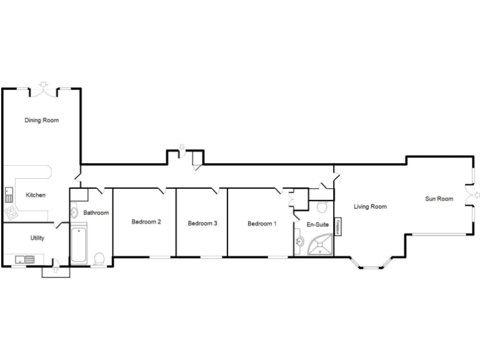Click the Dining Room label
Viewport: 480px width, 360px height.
[42, 120]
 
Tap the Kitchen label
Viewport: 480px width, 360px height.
[36, 196]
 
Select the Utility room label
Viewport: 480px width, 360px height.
[37, 238]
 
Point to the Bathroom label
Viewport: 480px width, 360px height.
[96, 213]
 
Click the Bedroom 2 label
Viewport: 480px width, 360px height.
[146, 222]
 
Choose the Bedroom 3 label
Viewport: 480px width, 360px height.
[202, 223]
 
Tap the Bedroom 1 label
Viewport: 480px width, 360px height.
[262, 223]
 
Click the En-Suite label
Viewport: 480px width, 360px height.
[317, 224]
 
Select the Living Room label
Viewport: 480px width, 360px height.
[370, 207]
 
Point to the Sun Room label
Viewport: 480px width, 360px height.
[439, 199]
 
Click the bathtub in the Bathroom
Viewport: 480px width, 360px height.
[79, 245]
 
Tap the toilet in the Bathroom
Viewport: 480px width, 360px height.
[99, 258]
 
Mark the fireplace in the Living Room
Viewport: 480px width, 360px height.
[338, 226]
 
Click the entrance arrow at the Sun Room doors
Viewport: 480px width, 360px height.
[476, 196]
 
